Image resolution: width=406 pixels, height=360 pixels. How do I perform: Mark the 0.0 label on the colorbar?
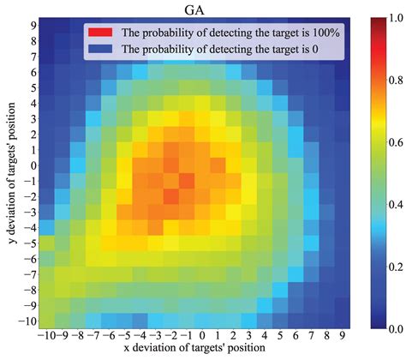[393, 328]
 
